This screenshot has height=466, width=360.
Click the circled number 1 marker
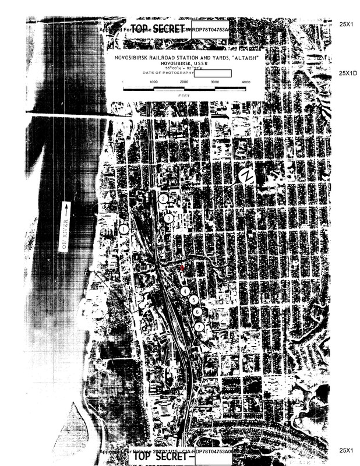pyautogui.click(x=123, y=230)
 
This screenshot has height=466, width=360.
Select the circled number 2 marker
pyautogui.click(x=164, y=199)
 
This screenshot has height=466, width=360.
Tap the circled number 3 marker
pyautogui.click(x=169, y=218)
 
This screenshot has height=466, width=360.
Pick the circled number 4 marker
pyautogui.click(x=185, y=291)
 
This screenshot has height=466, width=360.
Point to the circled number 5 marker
pyautogui.click(x=194, y=300)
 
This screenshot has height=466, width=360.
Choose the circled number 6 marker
pyautogui.click(x=197, y=312)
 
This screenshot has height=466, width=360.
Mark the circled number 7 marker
pyautogui.click(x=199, y=327)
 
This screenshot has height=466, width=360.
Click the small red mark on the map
pyautogui.click(x=182, y=267)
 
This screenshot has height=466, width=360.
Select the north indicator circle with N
pyautogui.click(x=248, y=176)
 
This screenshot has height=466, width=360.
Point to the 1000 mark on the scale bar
pyautogui.click(x=154, y=82)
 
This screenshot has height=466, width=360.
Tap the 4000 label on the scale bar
pyautogui.click(x=246, y=82)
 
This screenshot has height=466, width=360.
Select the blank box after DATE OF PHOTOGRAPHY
pyautogui.click(x=217, y=73)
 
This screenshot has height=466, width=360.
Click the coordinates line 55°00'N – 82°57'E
pyautogui.click(x=185, y=67)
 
